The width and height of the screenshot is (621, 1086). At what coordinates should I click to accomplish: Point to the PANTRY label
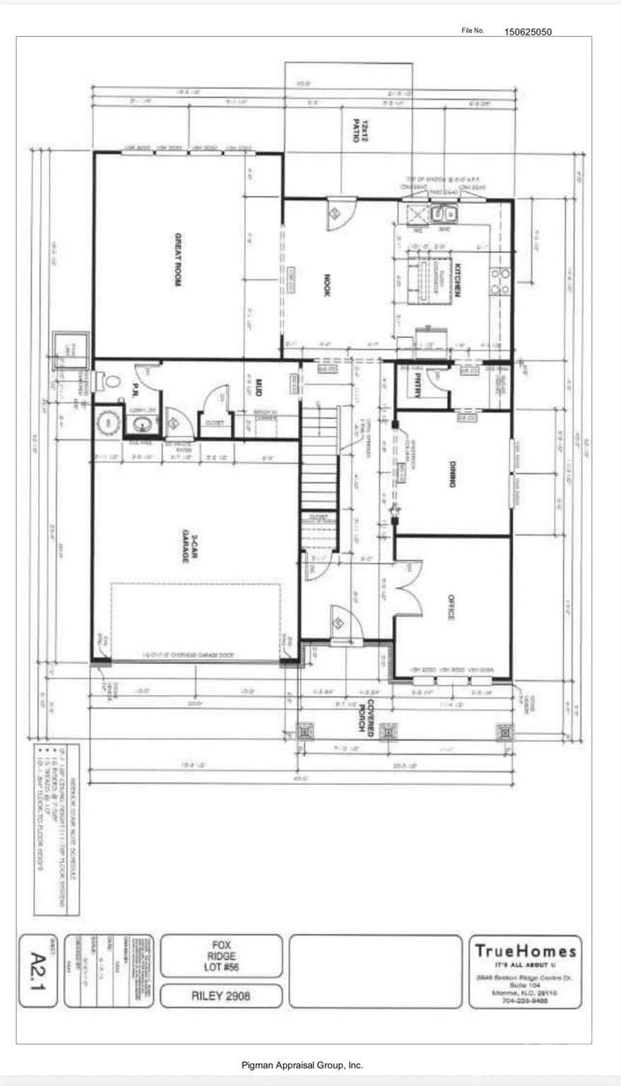point(418,387)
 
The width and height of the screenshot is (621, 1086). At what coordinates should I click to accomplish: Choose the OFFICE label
point(450,606)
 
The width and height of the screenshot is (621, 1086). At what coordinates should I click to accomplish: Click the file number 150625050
point(528,31)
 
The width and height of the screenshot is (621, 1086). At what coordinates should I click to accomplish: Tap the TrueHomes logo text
point(525,951)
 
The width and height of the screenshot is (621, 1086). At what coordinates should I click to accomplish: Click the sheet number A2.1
point(40,971)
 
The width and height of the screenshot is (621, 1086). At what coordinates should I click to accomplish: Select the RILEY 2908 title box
point(221,996)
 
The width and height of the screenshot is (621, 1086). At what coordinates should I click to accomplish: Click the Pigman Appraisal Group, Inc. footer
point(302,1065)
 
